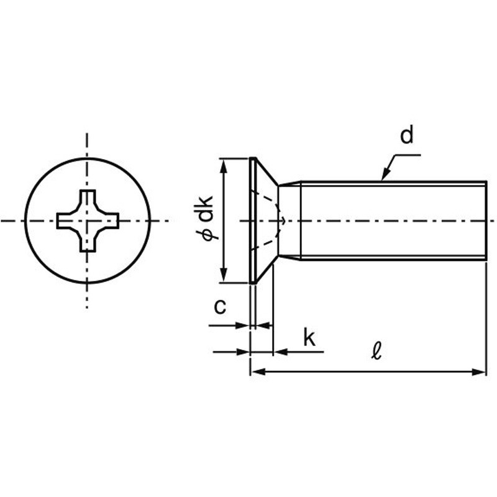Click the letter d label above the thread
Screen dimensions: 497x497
point(407,135)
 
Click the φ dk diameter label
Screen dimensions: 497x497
point(204,218)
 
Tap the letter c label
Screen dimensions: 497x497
point(220,307)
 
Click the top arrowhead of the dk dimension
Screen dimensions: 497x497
point(224,165)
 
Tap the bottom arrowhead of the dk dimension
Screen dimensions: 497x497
point(224,275)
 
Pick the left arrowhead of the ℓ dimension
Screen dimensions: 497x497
point(258,372)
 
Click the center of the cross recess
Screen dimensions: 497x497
point(88,221)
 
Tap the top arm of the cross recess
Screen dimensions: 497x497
point(88,199)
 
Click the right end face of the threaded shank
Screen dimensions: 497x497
point(486,221)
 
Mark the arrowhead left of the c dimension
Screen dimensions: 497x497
point(242,325)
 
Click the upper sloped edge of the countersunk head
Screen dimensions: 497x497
point(267,171)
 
